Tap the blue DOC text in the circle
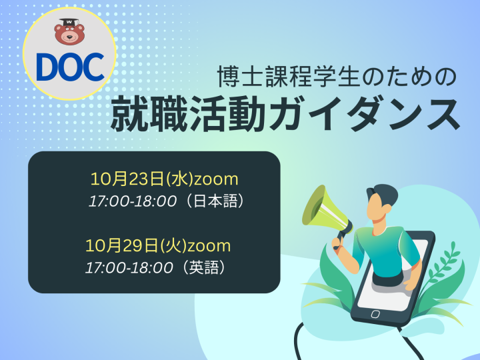point(70,67)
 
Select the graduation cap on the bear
point(69,23)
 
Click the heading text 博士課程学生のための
point(337,77)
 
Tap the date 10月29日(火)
point(135,245)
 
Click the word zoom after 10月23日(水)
point(217,180)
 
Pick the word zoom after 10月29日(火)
point(209,247)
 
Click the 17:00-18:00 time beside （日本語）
point(133,201)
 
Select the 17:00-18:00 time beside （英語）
point(129,268)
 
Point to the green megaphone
point(326,212)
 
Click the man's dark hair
point(383,194)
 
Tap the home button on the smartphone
point(375,314)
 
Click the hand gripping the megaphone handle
point(336,244)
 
